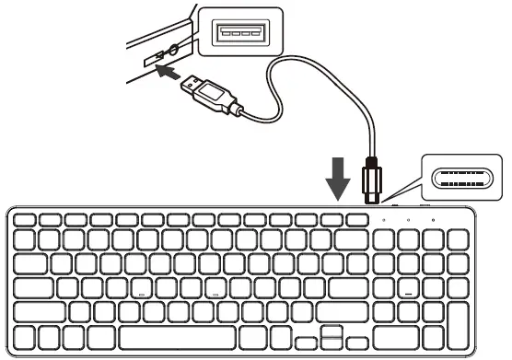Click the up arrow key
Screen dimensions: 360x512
331,329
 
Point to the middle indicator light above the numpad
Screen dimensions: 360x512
407,221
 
